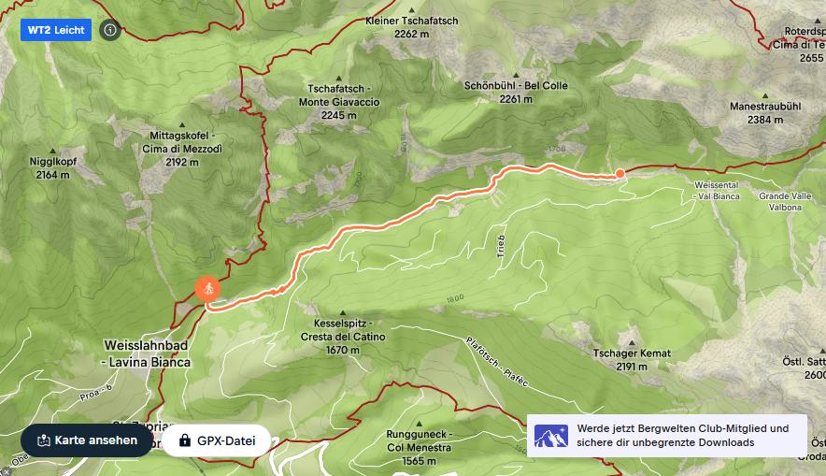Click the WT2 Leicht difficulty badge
pos(56,30)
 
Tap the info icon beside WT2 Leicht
pos(110,30)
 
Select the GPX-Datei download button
pos(216,440)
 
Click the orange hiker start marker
pos(209,289)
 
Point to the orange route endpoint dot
pos(619,173)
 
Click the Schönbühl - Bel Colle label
pos(516,92)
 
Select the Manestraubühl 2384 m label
pos(765,113)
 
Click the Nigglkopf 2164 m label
pos(53,167)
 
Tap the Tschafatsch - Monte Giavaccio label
pos(339,102)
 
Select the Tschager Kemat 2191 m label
pos(632,359)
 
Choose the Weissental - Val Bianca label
pos(717,191)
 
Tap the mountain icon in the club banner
pos(551,436)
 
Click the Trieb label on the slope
pos(501,246)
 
